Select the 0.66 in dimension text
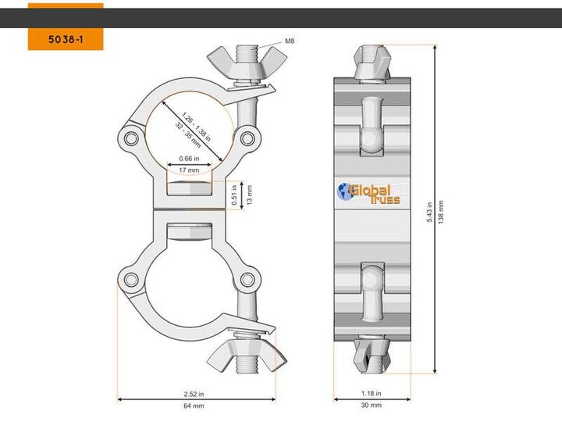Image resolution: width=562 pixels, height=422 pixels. click(x=188, y=158)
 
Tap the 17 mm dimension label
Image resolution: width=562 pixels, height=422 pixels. click(x=188, y=170)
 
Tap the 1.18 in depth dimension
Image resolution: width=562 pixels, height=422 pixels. click(x=372, y=394)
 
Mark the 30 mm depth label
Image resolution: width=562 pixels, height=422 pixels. click(x=372, y=406)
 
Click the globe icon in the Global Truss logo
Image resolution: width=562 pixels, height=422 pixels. click(x=345, y=191)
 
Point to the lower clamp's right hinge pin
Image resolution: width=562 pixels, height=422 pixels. click(x=247, y=279)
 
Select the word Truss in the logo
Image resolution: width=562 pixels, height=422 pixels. click(x=386, y=201)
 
